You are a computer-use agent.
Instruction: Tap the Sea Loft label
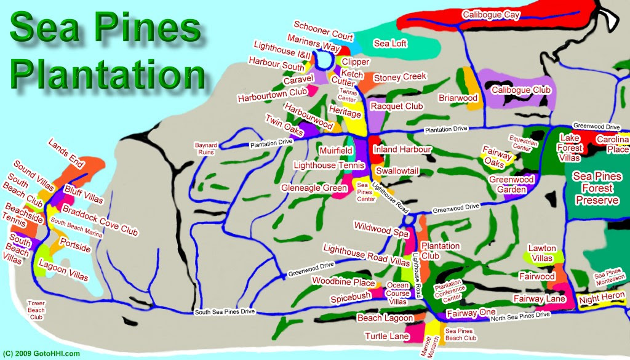390,43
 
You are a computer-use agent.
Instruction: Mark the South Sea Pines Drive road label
225,312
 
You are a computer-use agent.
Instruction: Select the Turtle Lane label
387,336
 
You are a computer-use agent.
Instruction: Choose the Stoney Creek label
400,78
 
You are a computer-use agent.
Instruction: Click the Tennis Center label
348,95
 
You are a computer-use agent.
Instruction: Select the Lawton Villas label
542,253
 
